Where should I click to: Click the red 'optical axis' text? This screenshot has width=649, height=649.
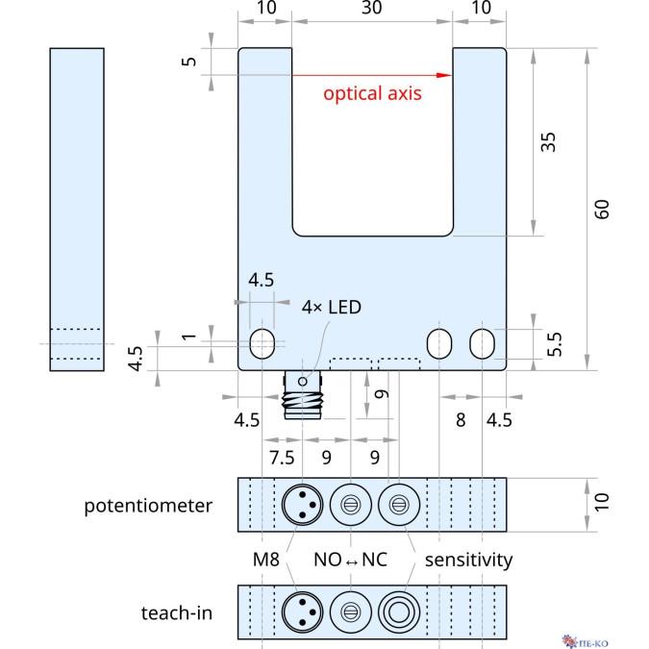(372, 94)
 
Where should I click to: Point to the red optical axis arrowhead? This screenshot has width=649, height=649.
(444, 75)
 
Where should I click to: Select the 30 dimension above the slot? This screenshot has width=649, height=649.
(371, 9)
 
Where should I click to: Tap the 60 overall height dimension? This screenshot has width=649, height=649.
(602, 209)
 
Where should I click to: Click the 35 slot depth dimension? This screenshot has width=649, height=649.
(548, 142)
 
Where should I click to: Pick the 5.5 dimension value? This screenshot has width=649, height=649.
(555, 344)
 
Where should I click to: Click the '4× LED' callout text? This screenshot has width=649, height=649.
(333, 308)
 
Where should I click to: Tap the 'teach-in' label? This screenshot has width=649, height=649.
(176, 612)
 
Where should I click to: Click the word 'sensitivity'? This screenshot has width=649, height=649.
(468, 559)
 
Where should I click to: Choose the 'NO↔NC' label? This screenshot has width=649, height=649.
(351, 559)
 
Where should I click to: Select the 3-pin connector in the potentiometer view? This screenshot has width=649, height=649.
(300, 504)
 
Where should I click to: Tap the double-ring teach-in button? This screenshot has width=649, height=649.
(396, 611)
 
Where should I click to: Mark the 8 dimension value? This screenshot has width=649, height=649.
(461, 420)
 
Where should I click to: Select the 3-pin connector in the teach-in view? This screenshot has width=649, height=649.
(300, 611)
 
